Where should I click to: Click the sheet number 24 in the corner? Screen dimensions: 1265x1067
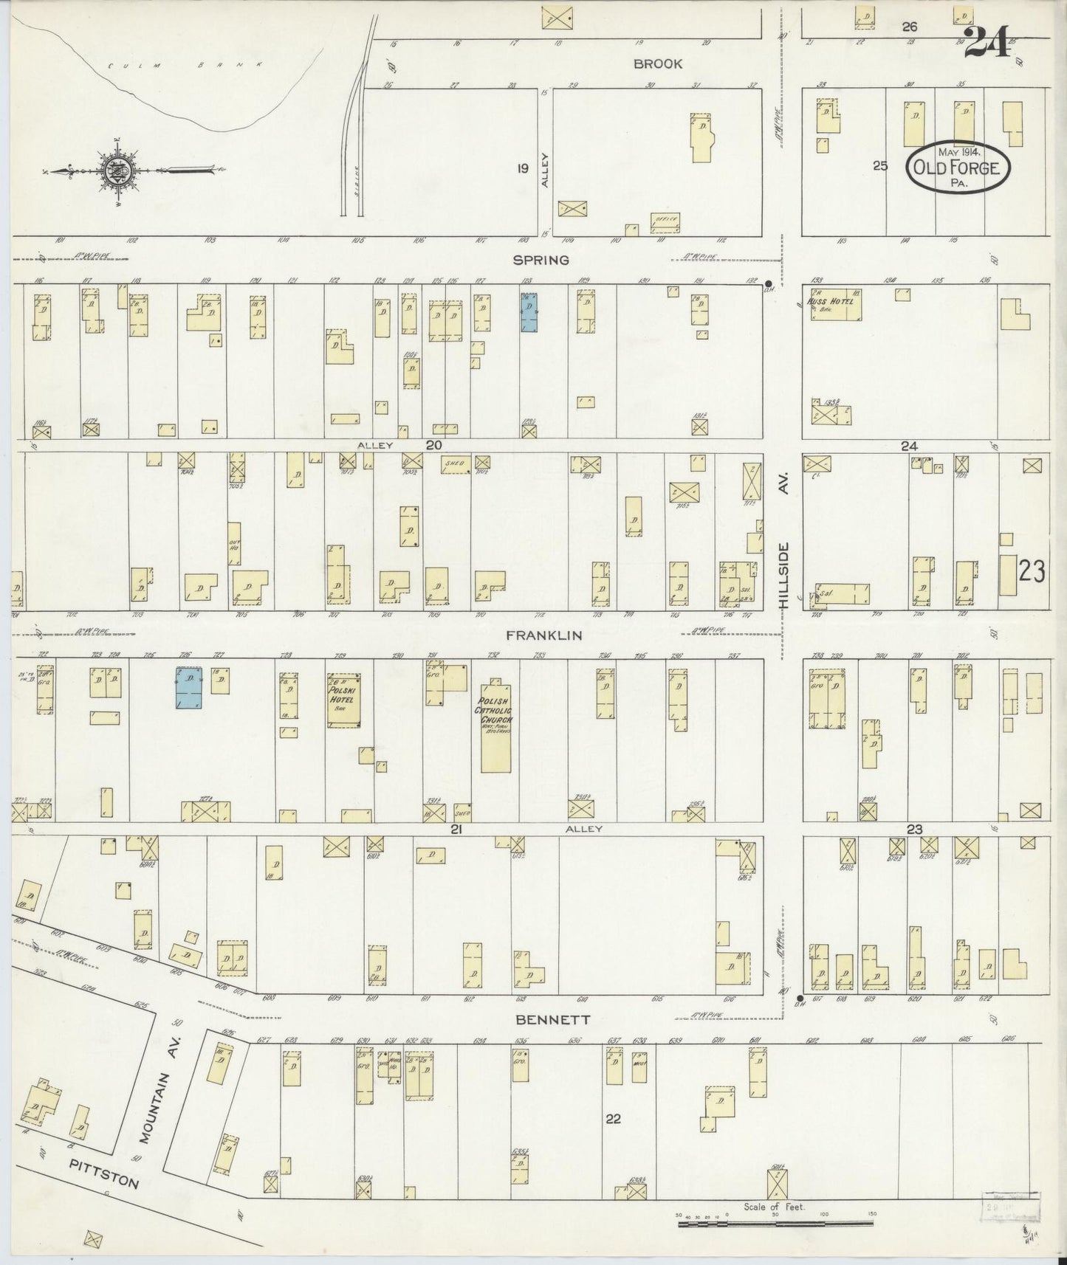pyautogui.click(x=987, y=42)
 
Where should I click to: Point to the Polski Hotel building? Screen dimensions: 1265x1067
pyautogui.click(x=343, y=700)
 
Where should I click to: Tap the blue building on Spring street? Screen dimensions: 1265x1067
pyautogui.click(x=529, y=312)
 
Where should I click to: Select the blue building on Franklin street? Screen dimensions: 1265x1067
pyautogui.click(x=189, y=688)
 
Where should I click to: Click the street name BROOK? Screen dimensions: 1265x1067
pyautogui.click(x=658, y=64)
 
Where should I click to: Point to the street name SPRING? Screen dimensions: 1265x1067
pyautogui.click(x=543, y=260)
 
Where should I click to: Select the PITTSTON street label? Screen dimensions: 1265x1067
pyautogui.click(x=103, y=1173)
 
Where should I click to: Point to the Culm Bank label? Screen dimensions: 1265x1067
pyautogui.click(x=184, y=65)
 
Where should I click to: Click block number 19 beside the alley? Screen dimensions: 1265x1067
pyautogui.click(x=523, y=169)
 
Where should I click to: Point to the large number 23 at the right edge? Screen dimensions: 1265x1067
pyautogui.click(x=1032, y=571)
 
